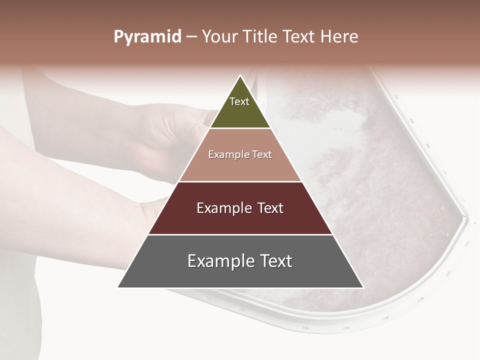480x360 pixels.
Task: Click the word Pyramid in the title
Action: point(147,37)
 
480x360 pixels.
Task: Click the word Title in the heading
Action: point(261,37)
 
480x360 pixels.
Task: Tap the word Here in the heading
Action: point(339,37)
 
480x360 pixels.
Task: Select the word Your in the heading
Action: point(219,37)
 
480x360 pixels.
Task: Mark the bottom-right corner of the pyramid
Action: point(362,287)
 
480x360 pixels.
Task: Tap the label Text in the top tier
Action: point(239,101)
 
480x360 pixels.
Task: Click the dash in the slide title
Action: point(191,37)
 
